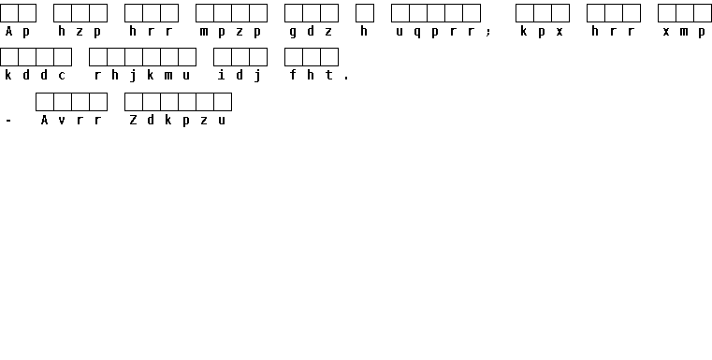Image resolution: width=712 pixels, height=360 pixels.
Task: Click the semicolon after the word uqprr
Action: tap(488, 32)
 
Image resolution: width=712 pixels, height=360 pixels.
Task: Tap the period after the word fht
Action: tap(346, 79)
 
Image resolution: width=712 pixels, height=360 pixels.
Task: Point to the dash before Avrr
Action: tap(8, 121)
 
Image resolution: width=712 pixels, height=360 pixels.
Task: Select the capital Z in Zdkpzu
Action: tap(133, 120)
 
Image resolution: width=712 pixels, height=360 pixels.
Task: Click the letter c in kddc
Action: tap(62, 76)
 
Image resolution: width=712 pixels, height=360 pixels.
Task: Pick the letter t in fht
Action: tap(328, 75)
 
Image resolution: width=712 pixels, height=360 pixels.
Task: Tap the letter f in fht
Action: tap(294, 75)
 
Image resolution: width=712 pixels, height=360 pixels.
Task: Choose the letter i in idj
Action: tap(222, 75)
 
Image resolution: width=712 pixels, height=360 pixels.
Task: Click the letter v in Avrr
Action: tap(62, 121)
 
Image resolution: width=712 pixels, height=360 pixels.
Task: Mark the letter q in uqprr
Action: tap(417, 32)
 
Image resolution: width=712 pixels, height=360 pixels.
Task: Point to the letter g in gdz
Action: tap(293, 32)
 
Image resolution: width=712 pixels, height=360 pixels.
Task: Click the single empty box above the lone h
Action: tap(365, 13)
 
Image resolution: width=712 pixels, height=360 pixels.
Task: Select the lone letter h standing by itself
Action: tap(364, 31)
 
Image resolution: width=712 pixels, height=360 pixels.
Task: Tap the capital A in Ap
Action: tap(8, 31)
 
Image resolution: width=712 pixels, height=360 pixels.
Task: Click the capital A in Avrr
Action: tap(44, 120)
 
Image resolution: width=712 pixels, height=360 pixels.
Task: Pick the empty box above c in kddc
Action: tap(63, 57)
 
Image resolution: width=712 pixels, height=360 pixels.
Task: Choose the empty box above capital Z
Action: tap(134, 102)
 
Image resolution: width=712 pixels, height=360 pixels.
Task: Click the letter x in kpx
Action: tap(559, 32)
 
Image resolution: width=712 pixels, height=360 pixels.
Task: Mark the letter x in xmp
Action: tap(666, 32)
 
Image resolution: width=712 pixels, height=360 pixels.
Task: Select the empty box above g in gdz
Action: tap(294, 13)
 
